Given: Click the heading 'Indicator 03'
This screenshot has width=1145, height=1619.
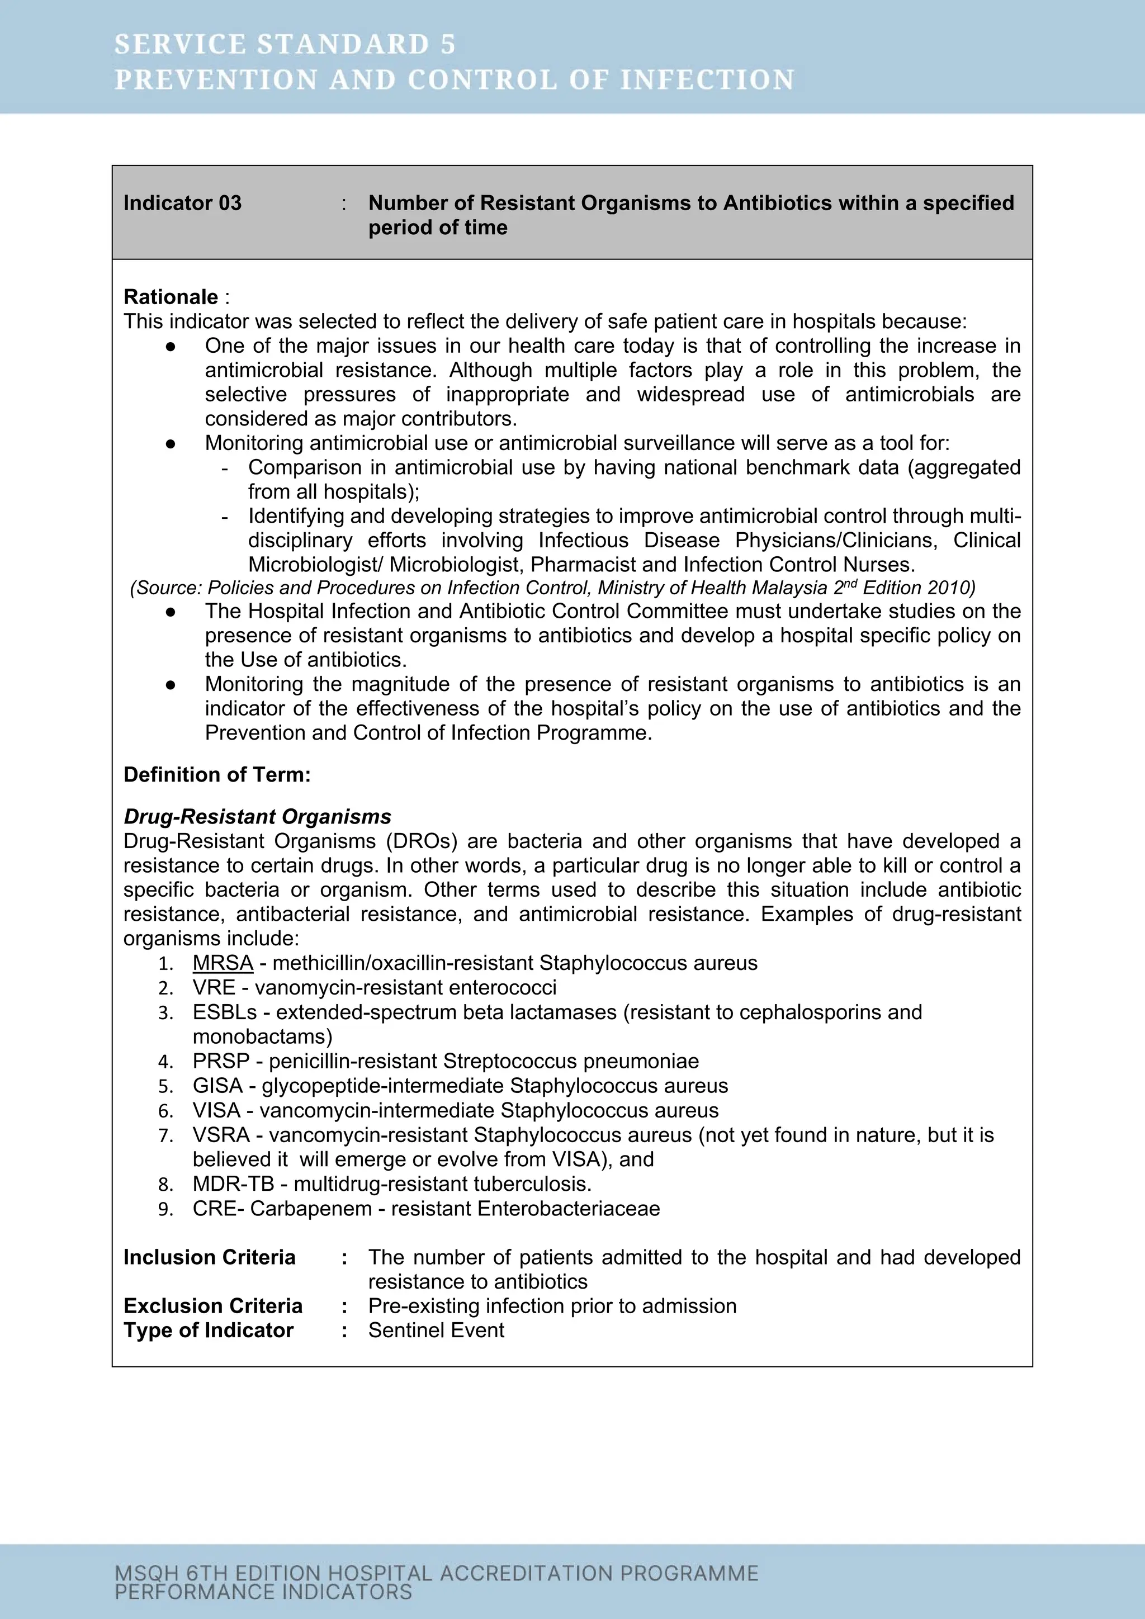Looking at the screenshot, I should pyautogui.click(x=182, y=203).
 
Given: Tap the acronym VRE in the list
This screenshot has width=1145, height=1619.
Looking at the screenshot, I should pyautogui.click(x=214, y=987).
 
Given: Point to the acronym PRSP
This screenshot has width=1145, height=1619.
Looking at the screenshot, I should pyautogui.click(x=221, y=1061).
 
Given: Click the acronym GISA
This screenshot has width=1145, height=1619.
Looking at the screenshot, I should pyautogui.click(x=217, y=1085).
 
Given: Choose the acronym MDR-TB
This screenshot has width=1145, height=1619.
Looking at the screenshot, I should pyautogui.click(x=233, y=1184).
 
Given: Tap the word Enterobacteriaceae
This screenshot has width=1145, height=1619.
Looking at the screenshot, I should pyautogui.click(x=568, y=1208).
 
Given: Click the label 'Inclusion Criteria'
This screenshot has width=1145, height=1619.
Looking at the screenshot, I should pyautogui.click(x=209, y=1257).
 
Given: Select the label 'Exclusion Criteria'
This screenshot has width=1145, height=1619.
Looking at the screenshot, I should pyautogui.click(x=212, y=1306).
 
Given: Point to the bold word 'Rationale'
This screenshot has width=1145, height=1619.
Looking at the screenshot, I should pyautogui.click(x=171, y=297).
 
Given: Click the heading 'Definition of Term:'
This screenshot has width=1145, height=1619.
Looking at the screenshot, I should pyautogui.click(x=216, y=775).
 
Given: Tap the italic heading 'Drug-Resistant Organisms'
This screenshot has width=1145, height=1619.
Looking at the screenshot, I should pyautogui.click(x=257, y=817).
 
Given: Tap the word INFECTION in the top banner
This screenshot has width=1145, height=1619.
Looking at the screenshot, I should pyautogui.click(x=707, y=80).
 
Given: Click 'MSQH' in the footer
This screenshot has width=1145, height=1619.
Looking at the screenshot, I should pyautogui.click(x=146, y=1573).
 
